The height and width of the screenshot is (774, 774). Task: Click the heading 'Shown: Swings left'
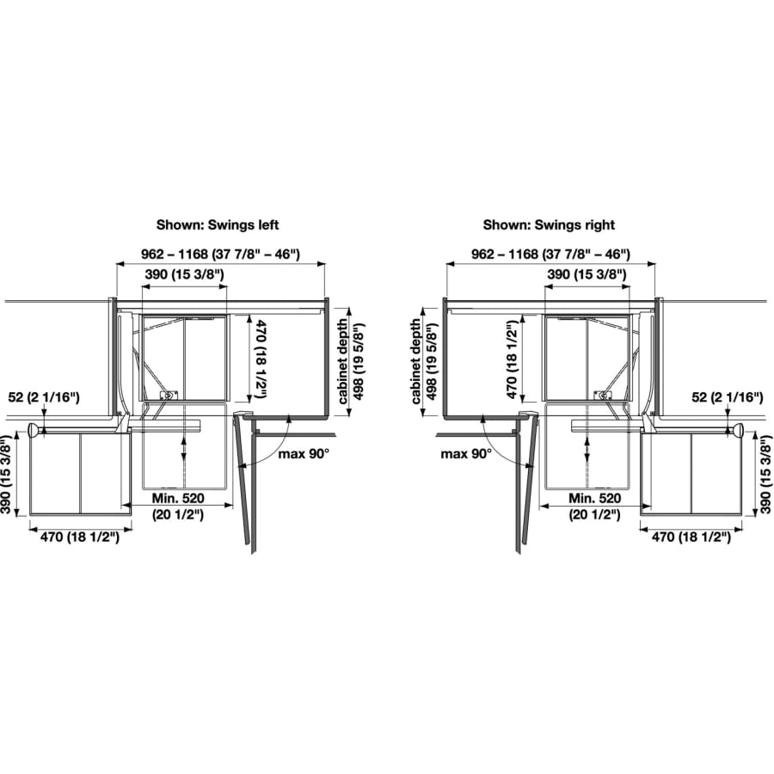(x=218, y=224)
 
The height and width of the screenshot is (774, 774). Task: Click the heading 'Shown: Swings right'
(x=549, y=224)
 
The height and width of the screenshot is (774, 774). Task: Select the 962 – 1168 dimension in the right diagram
(x=551, y=254)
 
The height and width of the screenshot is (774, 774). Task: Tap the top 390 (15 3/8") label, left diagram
(x=183, y=273)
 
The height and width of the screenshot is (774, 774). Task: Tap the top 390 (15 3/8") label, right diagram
(x=587, y=273)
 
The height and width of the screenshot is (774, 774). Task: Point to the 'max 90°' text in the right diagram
(x=465, y=452)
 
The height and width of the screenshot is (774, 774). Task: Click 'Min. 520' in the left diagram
(x=179, y=499)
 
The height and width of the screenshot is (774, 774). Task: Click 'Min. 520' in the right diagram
(x=594, y=499)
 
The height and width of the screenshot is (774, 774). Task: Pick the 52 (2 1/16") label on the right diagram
(x=728, y=396)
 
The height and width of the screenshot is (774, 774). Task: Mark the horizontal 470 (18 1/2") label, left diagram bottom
(x=81, y=537)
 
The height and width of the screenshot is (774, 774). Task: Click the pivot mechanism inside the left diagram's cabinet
(x=169, y=394)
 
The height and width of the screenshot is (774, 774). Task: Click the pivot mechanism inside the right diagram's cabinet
(x=604, y=394)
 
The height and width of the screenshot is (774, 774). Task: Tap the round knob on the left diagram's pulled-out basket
(x=32, y=430)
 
